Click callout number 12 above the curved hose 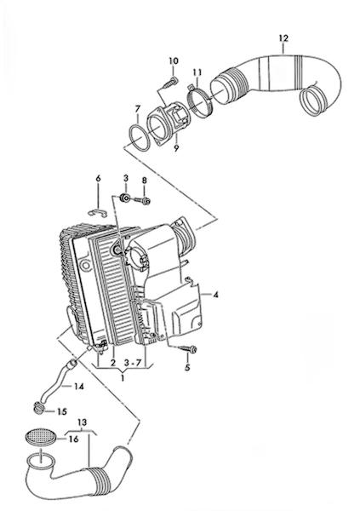tap(283, 38)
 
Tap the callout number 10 tap(174, 60)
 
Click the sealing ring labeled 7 tap(139, 137)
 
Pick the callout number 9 tap(176, 148)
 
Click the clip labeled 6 tap(98, 213)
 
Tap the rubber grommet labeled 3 tap(125, 198)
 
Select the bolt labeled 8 tap(142, 200)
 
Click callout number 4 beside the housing tap(215, 295)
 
